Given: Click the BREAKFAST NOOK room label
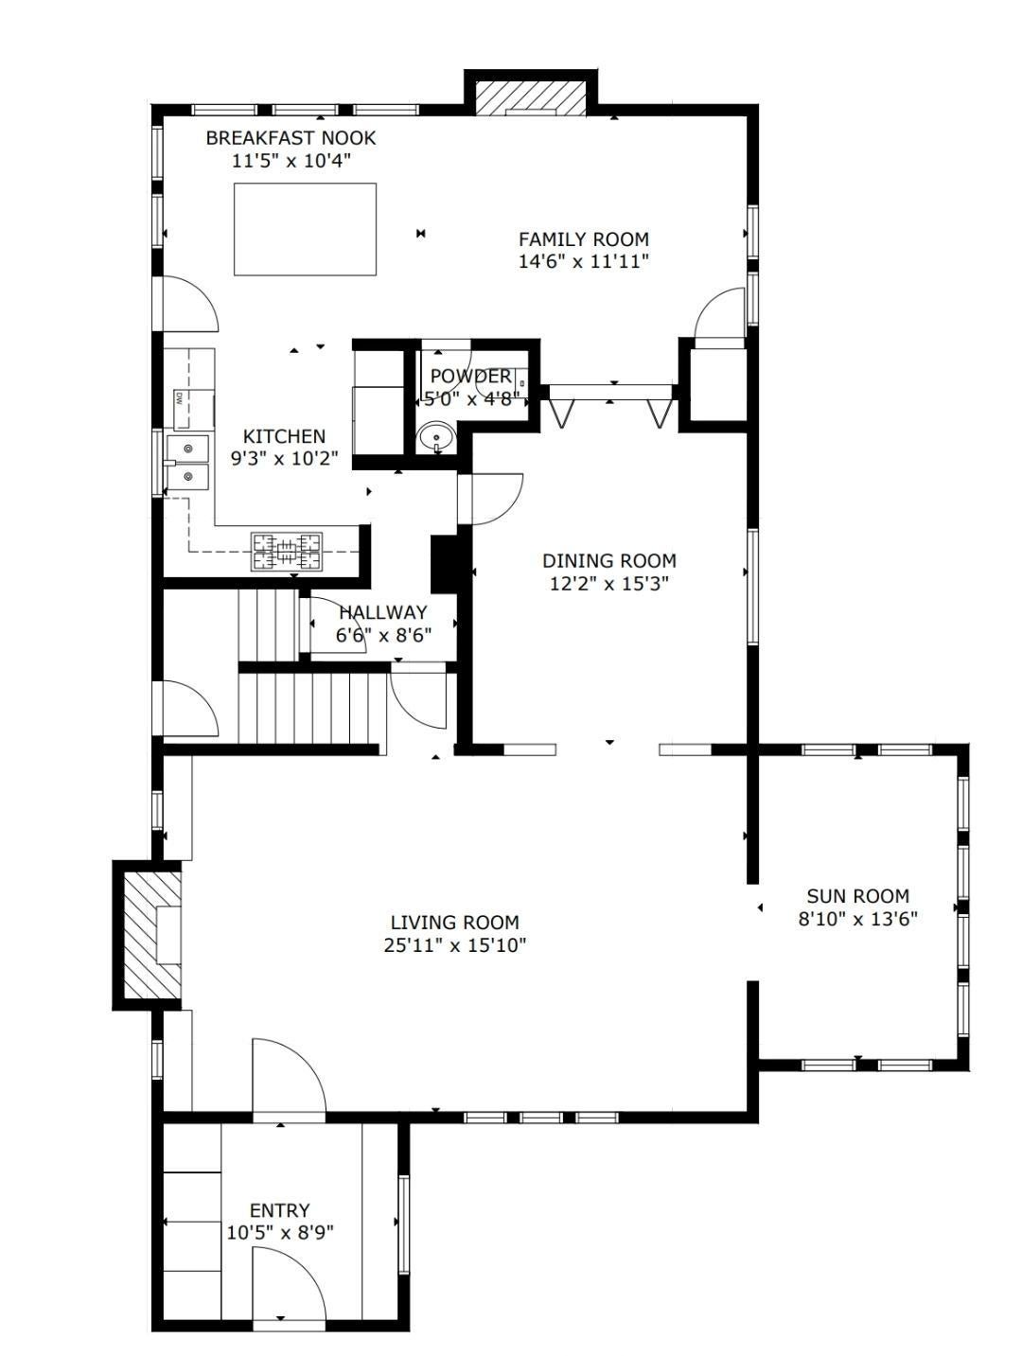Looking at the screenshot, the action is (x=291, y=137).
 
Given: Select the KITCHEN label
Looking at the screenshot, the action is (x=284, y=436).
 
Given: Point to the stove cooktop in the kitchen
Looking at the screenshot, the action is (x=287, y=551).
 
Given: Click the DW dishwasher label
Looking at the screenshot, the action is (x=179, y=398).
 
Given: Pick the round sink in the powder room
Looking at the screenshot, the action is (x=436, y=437).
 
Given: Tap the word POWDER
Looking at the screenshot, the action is (x=470, y=377).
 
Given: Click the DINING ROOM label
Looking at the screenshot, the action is (x=608, y=561).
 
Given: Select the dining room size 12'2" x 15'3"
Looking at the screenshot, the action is (x=609, y=584).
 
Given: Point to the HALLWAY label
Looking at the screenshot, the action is (x=383, y=612).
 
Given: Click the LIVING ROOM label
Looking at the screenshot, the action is (x=454, y=923).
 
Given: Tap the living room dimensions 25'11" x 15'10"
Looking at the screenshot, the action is (x=454, y=945).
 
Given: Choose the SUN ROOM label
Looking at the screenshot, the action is (x=857, y=896).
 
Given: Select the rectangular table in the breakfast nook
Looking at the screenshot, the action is (x=305, y=229).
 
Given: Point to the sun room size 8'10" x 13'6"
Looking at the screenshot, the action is (x=857, y=919).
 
